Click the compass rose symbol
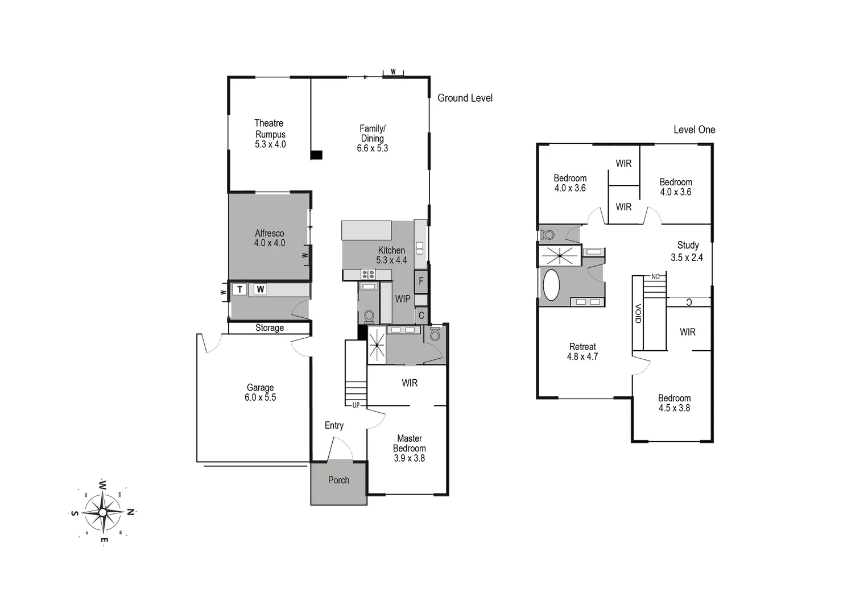coord(102,512)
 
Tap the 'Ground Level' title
coord(465,98)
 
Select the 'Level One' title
coord(694,130)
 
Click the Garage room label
coord(260,392)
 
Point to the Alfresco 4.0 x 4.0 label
coord(269,238)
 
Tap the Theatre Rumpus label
coord(270,134)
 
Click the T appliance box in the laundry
coord(239,289)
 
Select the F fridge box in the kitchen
coord(421,281)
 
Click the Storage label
coord(269,328)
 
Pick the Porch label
coord(338,480)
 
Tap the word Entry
coord(334,425)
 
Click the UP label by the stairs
coord(356,405)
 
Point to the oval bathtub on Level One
coord(551,284)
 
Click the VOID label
coord(638,314)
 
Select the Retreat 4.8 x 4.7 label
coord(582,351)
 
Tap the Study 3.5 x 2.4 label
coord(687,251)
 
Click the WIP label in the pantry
coord(403,298)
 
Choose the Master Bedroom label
coord(409,448)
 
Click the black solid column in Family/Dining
coord(316,155)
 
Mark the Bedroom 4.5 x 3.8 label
coord(674,403)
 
